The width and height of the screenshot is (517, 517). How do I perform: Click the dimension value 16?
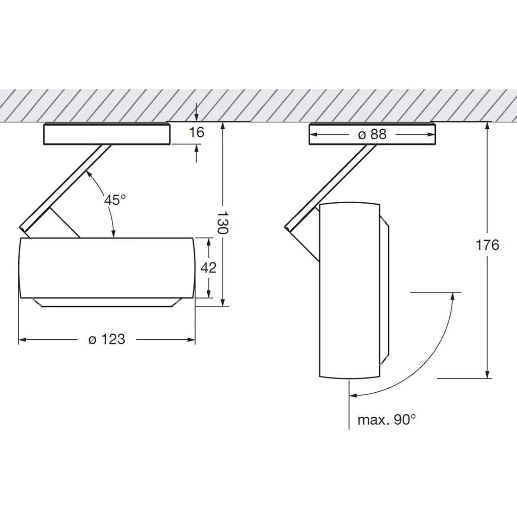[x=197, y=132]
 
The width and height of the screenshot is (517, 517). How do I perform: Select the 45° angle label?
[x=115, y=200]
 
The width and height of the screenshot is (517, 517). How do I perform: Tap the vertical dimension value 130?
[x=222, y=222]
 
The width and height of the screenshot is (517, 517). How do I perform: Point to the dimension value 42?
[x=209, y=268]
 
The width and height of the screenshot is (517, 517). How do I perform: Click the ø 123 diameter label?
[x=107, y=339]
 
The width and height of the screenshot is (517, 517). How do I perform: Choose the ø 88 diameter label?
[x=372, y=134]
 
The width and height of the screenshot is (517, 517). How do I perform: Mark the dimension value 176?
[x=487, y=245]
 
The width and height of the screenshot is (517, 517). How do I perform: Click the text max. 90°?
[x=386, y=420]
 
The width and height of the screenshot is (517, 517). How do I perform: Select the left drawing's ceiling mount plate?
[x=107, y=134]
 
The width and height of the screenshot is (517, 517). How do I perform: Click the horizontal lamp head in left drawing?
[x=107, y=268]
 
